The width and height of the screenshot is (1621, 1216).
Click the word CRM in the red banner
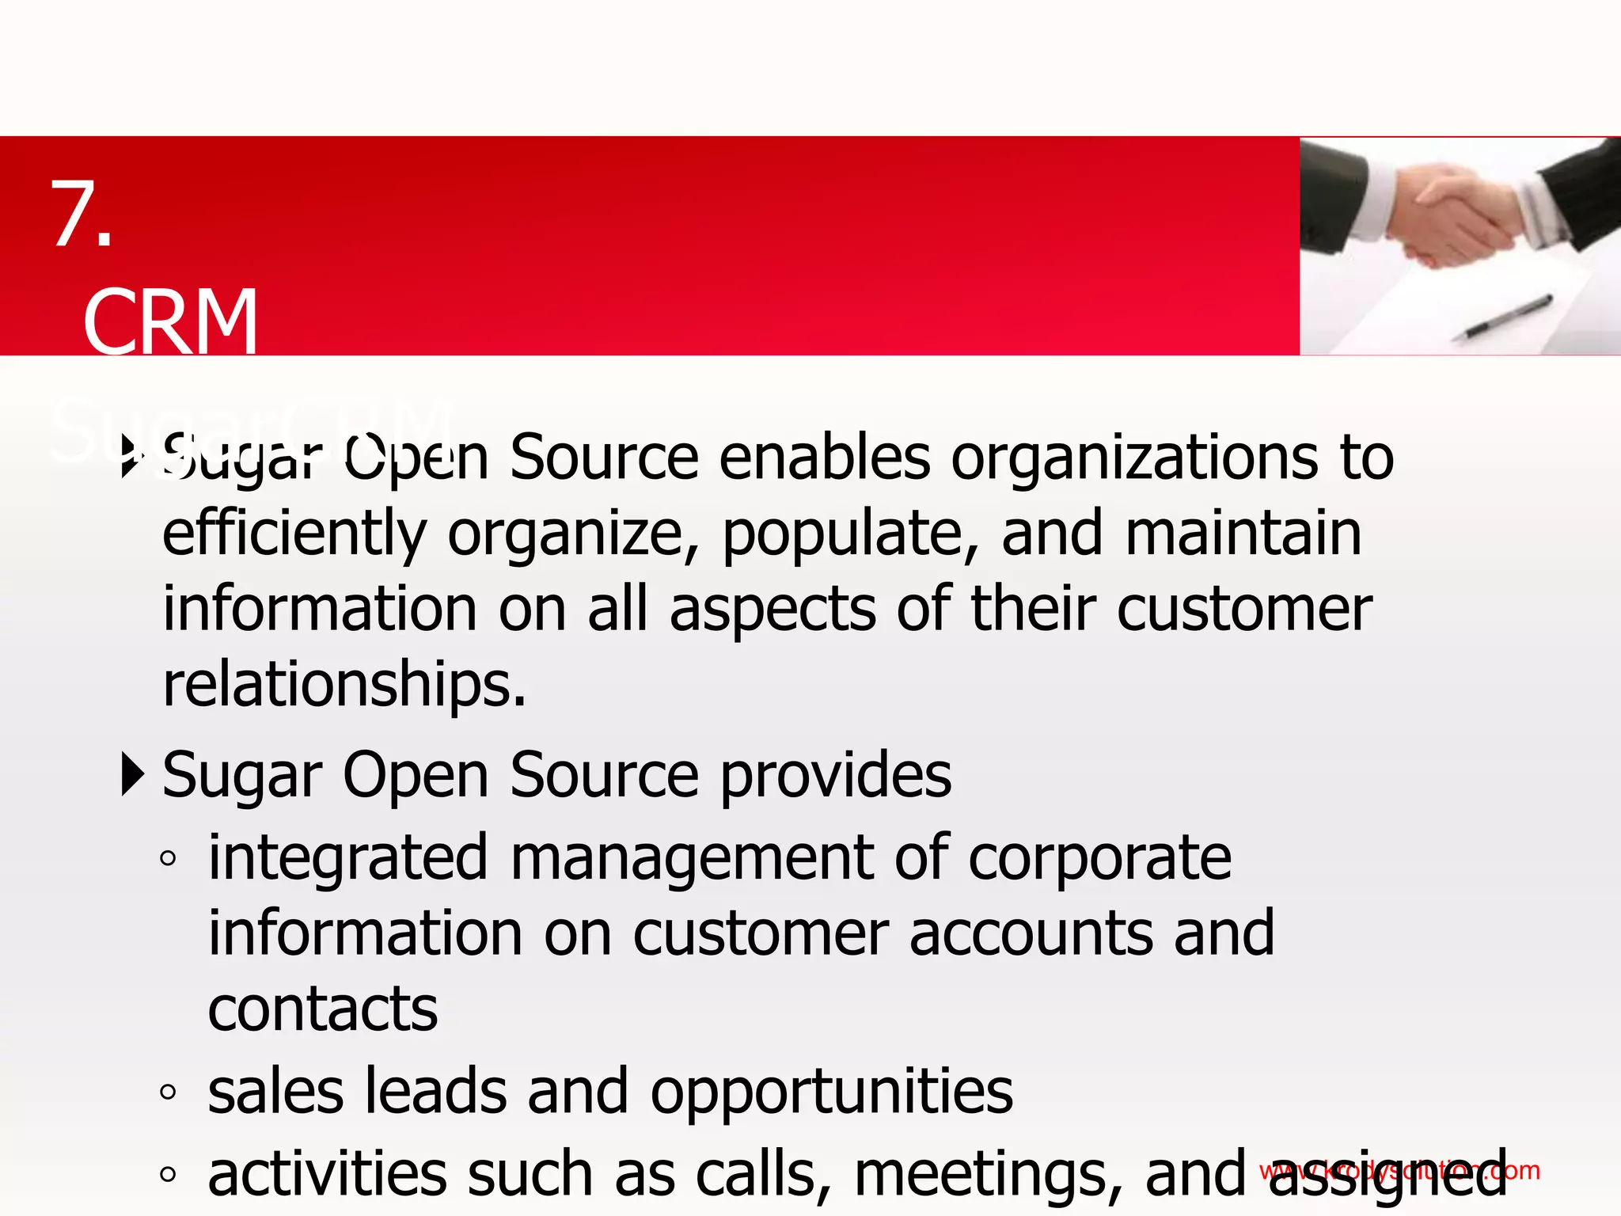pyautogui.click(x=170, y=322)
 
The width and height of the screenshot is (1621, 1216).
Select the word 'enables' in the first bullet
pyautogui.click(x=824, y=458)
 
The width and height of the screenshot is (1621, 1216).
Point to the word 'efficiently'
pyautogui.click(x=294, y=534)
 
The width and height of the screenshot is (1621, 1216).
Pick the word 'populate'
pyautogui.click(x=850, y=534)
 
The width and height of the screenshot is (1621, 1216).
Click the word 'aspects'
pyautogui.click(x=773, y=610)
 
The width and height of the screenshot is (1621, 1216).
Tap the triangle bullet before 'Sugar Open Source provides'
pyautogui.click(x=133, y=775)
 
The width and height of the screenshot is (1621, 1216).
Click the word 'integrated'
pyautogui.click(x=347, y=859)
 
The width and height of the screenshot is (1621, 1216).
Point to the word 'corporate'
pyautogui.click(x=1099, y=859)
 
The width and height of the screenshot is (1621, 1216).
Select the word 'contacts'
pyautogui.click(x=323, y=1010)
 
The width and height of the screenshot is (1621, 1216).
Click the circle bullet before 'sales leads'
pyautogui.click(x=167, y=1092)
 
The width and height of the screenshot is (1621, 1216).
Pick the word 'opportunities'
pyautogui.click(x=831, y=1093)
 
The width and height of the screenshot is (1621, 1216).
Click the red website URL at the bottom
pyautogui.click(x=1399, y=1170)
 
